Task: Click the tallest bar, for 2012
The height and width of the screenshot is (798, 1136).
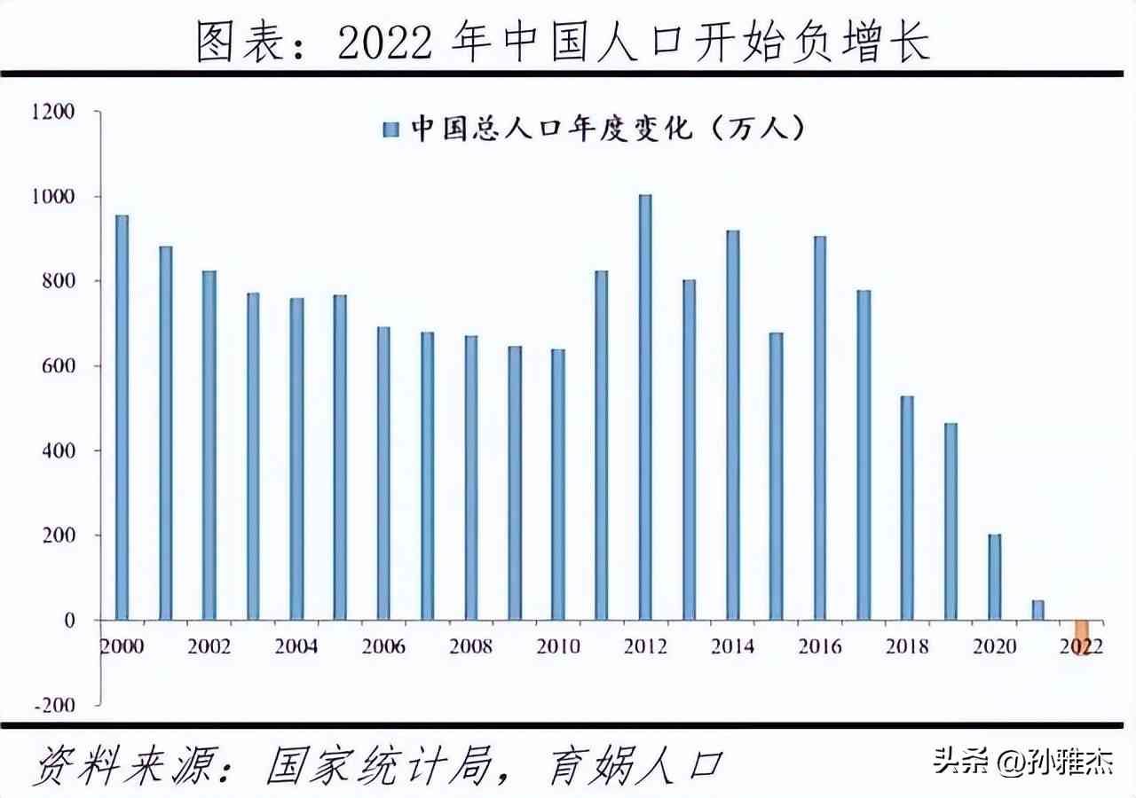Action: pyautogui.click(x=645, y=407)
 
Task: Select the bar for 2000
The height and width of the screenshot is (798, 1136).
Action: pyautogui.click(x=122, y=418)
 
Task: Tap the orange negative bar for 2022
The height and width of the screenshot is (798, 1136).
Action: pyautogui.click(x=1081, y=637)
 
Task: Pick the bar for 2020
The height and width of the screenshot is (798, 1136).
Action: pyautogui.click(x=994, y=577)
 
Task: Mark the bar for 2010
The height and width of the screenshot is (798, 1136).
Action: pyautogui.click(x=558, y=484)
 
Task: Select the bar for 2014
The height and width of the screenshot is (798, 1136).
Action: pyautogui.click(x=732, y=426)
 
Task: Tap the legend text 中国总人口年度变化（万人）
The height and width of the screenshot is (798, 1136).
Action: pyautogui.click(x=608, y=129)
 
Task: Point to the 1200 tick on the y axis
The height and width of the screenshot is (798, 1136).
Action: pyautogui.click(x=56, y=112)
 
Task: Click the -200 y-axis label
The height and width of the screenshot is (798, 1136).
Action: pyautogui.click(x=56, y=705)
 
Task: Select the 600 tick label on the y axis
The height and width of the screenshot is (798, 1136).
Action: pyautogui.click(x=59, y=366)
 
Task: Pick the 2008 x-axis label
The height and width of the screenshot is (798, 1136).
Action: pyautogui.click(x=470, y=646)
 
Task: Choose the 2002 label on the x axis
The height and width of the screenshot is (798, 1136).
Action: pyautogui.click(x=209, y=646)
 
